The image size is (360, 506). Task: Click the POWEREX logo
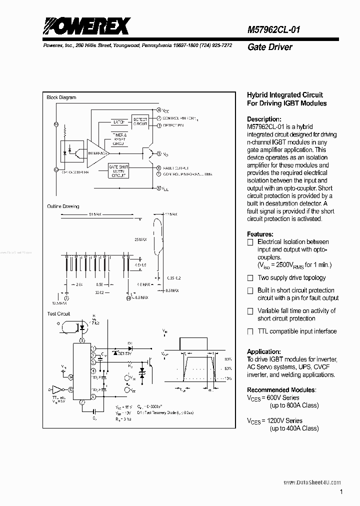[86, 25]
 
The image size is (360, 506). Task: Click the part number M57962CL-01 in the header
[273, 30]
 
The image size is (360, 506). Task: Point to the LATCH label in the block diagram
[118, 121]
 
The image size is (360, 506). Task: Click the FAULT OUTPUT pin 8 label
[176, 168]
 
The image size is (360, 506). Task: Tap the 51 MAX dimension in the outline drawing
[95, 214]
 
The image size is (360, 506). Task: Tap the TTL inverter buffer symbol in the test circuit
[59, 389]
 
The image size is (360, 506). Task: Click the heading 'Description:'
[264, 119]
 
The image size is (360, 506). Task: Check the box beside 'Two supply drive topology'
[250, 278]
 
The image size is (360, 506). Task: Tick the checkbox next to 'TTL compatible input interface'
[250, 331]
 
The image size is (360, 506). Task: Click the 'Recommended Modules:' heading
[281, 390]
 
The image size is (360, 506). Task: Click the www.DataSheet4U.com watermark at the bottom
[312, 482]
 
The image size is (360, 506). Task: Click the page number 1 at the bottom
[340, 492]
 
